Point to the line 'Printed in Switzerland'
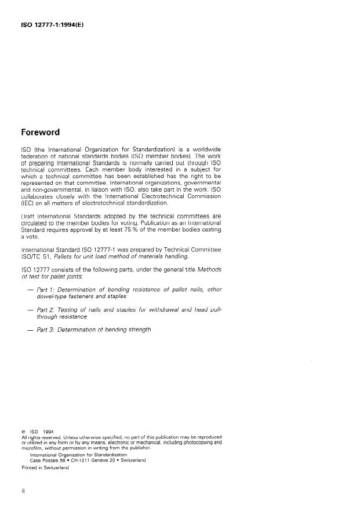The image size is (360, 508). (x=45, y=467)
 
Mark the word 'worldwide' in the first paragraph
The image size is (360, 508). (x=203, y=149)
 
